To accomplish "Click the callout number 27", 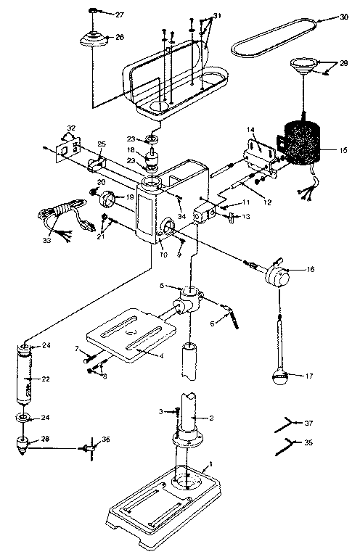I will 120,14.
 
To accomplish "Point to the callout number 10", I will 163,255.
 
